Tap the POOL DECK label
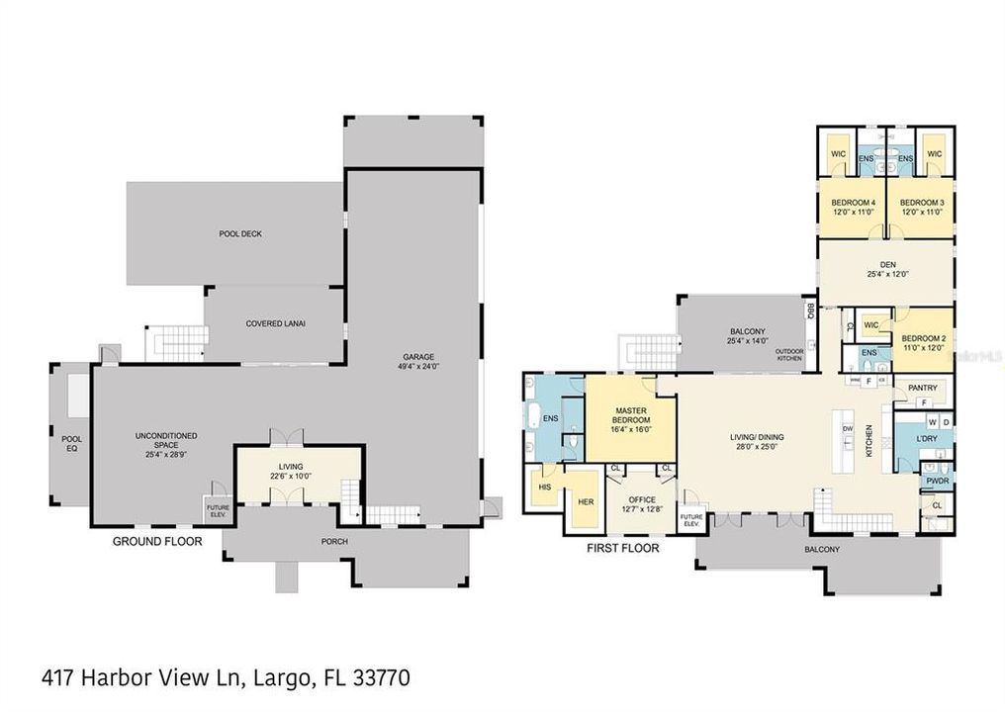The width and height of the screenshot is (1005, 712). click(239, 234)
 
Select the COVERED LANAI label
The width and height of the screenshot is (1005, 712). click(272, 323)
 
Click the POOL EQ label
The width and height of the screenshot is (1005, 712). click(71, 443)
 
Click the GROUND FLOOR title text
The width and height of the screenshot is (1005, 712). click(157, 541)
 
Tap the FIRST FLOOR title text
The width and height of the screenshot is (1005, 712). click(623, 547)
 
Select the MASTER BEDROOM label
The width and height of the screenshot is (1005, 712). click(630, 415)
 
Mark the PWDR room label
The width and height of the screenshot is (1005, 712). click(936, 482)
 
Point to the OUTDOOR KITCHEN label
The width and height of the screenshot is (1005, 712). click(789, 355)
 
